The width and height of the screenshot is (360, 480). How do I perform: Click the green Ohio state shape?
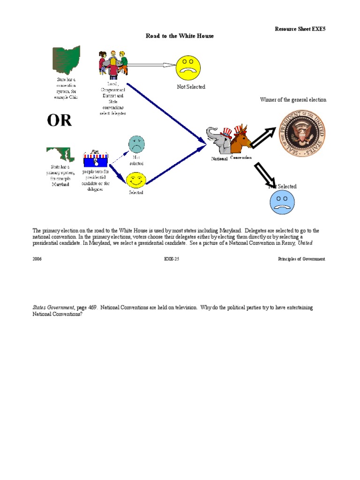pyautogui.click(x=66, y=60)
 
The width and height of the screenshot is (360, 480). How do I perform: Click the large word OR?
pyautogui.click(x=60, y=120)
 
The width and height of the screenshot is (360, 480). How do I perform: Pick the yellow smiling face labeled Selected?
pyautogui.click(x=136, y=180)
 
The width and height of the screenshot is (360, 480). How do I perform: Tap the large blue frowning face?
pyautogui.click(x=282, y=202)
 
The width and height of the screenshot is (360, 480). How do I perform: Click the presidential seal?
pyautogui.click(x=301, y=134)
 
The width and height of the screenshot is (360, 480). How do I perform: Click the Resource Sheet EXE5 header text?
pyautogui.click(x=300, y=29)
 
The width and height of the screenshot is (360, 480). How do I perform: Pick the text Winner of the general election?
pyautogui.click(x=293, y=100)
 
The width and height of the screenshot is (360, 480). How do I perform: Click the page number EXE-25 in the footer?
pyautogui.click(x=172, y=259)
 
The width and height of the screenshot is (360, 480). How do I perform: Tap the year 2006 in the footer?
pyautogui.click(x=37, y=259)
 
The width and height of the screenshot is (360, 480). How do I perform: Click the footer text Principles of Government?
pyautogui.click(x=301, y=259)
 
